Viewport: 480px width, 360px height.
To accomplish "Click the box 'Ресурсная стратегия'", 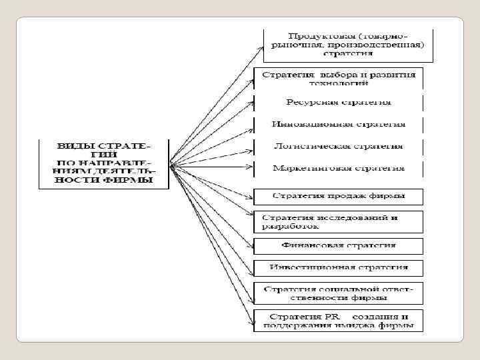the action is (339, 103).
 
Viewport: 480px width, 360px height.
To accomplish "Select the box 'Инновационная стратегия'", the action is (339, 125).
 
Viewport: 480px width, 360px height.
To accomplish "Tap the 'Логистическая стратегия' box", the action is (339, 146).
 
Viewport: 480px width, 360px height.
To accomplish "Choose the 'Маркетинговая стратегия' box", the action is (339, 167).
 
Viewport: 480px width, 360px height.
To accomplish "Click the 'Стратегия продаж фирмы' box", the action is (339, 197).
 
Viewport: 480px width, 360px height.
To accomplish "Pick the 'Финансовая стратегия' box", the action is (339, 245).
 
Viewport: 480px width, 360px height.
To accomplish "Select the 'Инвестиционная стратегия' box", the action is (339, 267).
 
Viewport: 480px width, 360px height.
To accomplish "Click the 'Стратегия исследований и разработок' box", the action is (339, 221).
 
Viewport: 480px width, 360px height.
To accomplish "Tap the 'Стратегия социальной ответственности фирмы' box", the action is (339, 293).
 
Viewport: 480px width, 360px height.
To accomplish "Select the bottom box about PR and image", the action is (339, 321).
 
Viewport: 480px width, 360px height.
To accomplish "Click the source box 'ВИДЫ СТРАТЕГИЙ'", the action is (103, 163).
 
